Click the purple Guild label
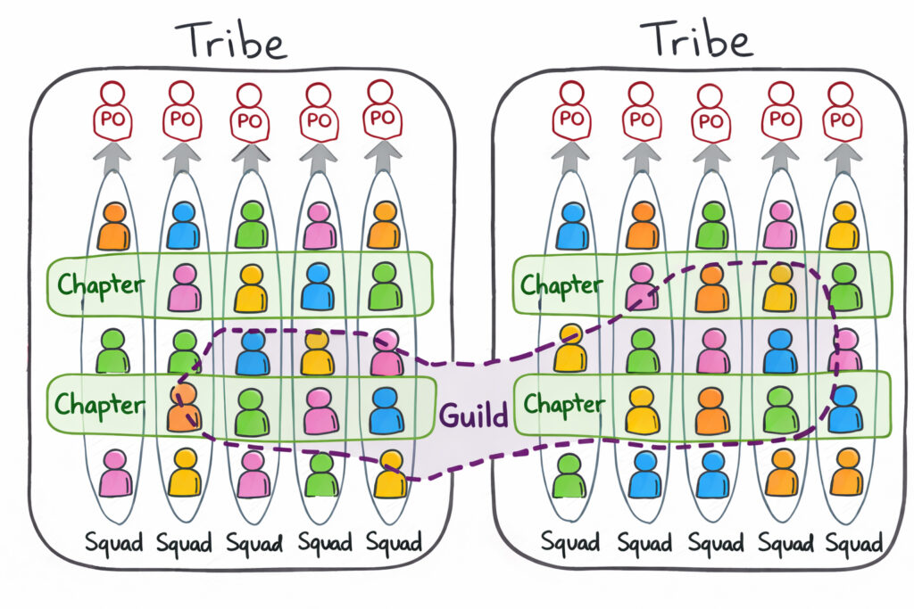coord(473,416)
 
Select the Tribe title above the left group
coord(230,40)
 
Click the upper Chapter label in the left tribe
coord(101,285)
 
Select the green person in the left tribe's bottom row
coord(320,474)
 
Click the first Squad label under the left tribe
coord(113,542)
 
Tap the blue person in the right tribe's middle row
coord(780,350)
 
